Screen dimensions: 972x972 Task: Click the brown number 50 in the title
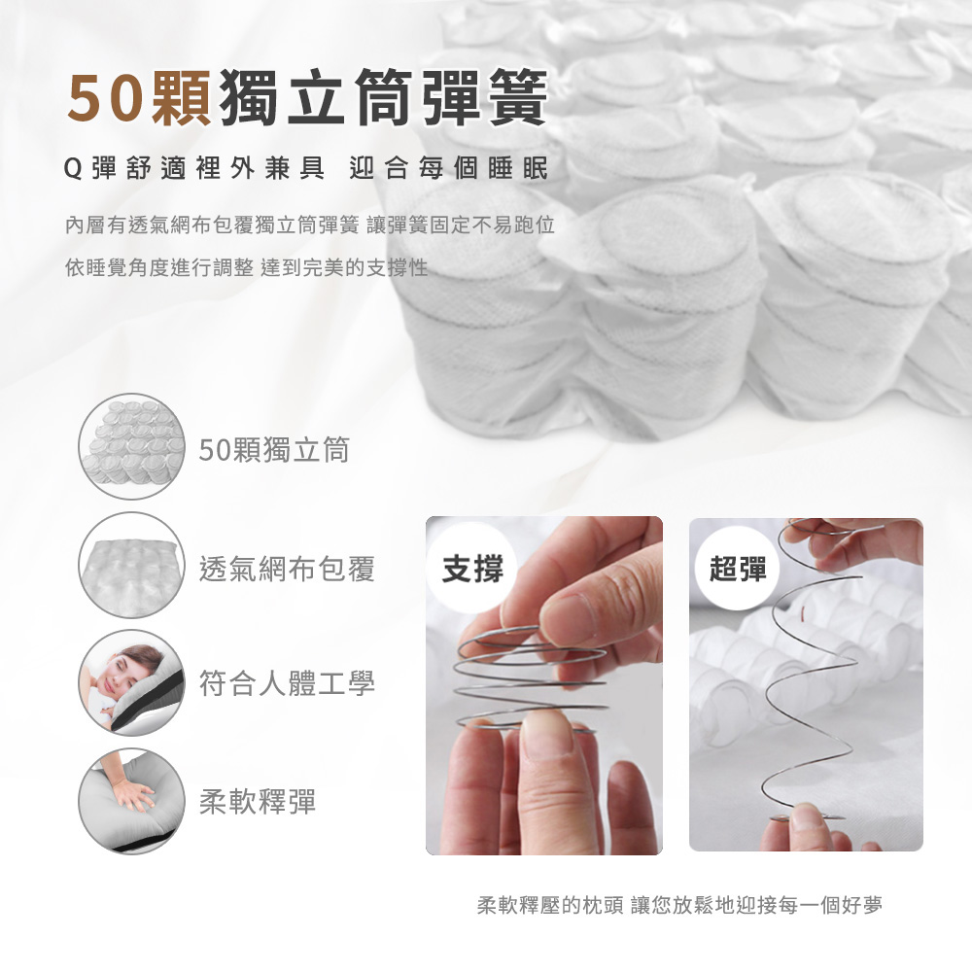tap(105, 99)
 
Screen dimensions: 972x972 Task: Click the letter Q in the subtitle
tap(73, 168)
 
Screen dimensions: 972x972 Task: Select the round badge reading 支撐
tap(472, 569)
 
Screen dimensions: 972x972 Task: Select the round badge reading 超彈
tap(738, 569)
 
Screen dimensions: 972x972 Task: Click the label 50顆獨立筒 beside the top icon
tap(274, 449)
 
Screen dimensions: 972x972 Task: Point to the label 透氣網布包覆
tap(287, 568)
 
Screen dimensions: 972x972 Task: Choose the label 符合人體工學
tap(287, 683)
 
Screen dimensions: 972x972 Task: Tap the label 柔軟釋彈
tap(258, 801)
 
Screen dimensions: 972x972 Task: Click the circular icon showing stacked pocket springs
tap(131, 446)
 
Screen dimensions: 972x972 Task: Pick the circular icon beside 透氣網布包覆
tap(131, 566)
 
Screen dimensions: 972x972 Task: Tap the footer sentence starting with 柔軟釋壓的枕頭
tap(679, 905)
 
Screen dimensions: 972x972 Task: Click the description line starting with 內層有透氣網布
tap(309, 226)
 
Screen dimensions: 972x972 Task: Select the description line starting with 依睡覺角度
tap(246, 267)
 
